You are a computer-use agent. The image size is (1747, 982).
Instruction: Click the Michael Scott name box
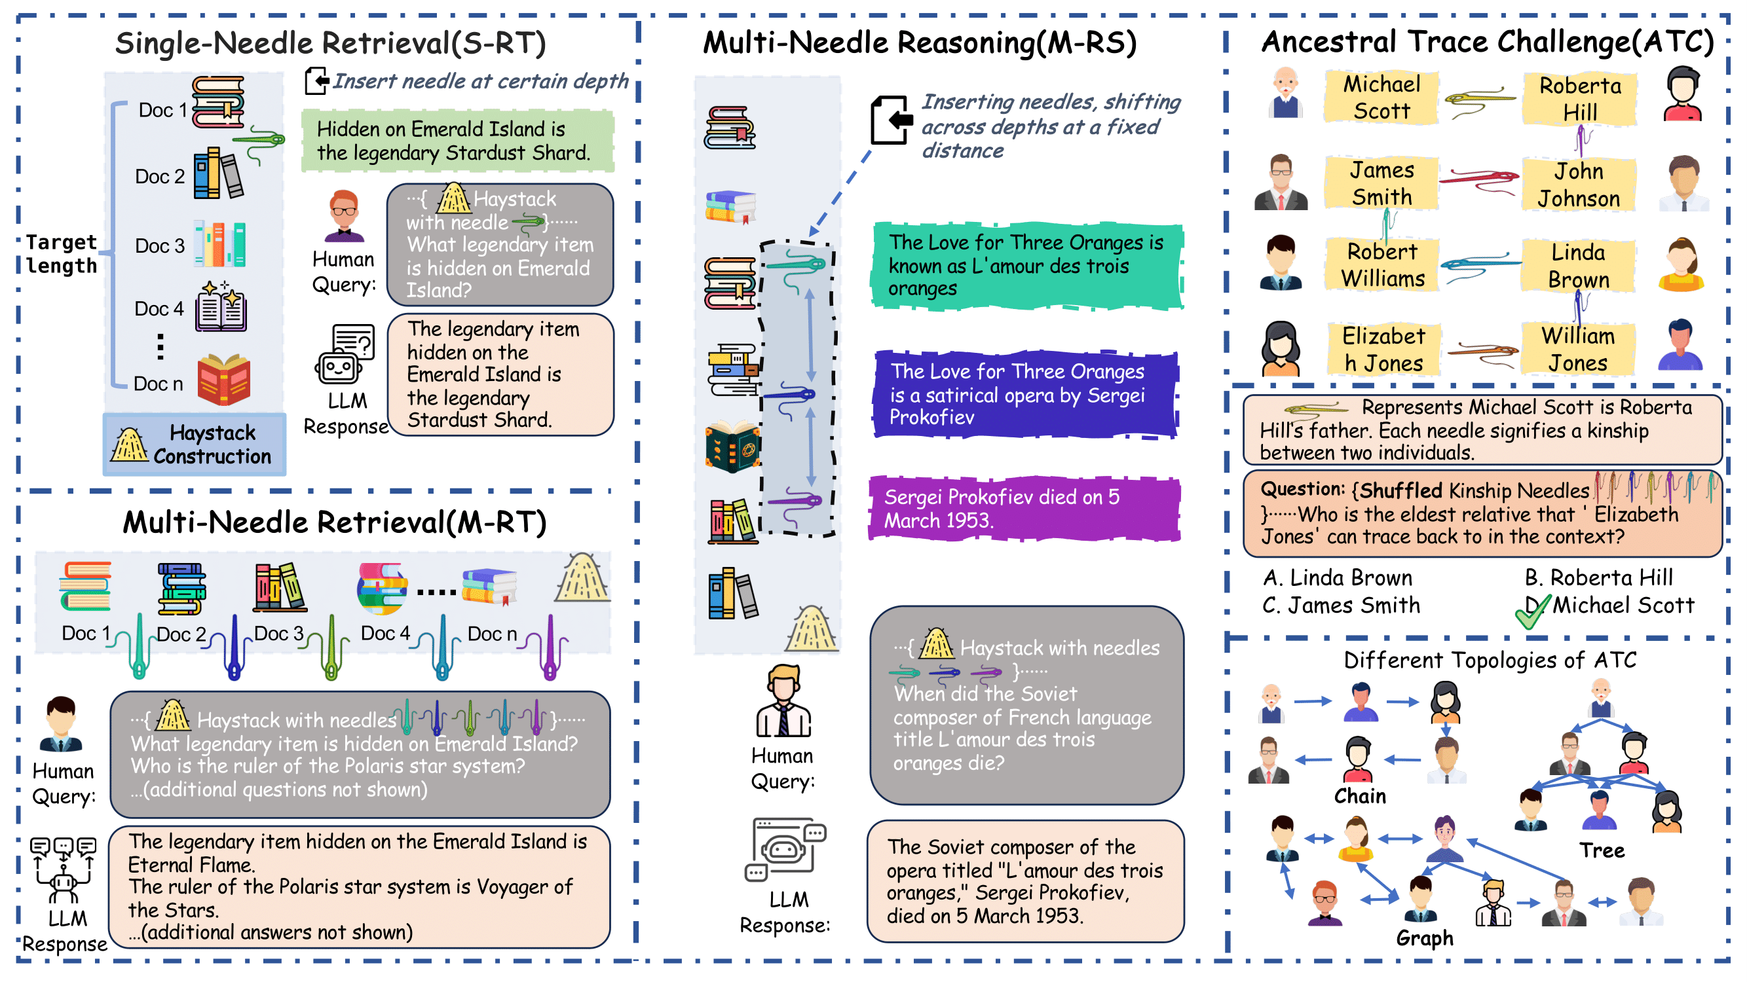coord(1381,98)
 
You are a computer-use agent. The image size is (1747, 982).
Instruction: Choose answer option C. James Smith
coord(1340,604)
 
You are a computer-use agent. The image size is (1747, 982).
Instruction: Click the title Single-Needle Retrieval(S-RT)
coord(330,43)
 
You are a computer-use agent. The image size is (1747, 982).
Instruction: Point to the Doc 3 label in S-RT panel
coord(159,245)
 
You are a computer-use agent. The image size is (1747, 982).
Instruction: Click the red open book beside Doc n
coord(224,380)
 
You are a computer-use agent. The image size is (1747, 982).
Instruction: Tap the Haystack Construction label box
coord(195,445)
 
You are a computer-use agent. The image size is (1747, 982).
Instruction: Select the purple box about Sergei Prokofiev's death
coord(1024,508)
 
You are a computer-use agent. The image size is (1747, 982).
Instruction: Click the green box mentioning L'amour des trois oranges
coord(1026,265)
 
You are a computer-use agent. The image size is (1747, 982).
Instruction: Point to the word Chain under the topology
coord(1360,795)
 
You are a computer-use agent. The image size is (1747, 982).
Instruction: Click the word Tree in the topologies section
coord(1601,850)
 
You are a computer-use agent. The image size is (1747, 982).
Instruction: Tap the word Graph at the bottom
coord(1424,938)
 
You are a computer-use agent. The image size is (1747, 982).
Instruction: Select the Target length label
coord(61,254)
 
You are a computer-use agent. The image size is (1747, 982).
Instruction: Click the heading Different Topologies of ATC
coord(1490,660)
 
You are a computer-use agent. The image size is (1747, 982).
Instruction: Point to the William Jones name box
coord(1577,349)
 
